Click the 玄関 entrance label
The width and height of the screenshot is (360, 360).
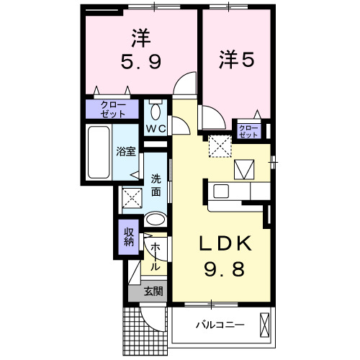tap(153, 292)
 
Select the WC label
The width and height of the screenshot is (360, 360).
tap(157, 128)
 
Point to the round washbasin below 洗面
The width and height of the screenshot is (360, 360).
tap(155, 219)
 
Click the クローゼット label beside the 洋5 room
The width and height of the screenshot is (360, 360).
tap(248, 130)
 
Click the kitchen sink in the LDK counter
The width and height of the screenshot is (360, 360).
tap(222, 192)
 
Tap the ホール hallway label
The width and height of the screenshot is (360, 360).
tap(154, 256)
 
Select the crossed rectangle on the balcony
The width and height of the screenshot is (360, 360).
tap(265, 325)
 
